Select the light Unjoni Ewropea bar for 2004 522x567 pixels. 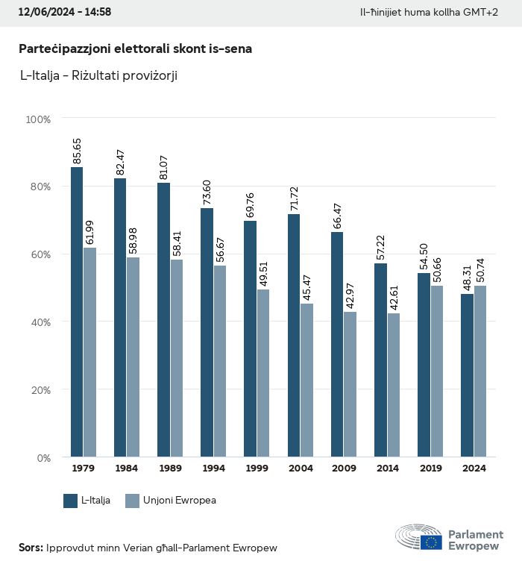[306, 380]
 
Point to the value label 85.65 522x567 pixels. [77, 151]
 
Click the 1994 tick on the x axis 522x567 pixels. [213, 469]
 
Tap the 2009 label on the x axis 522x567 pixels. [344, 469]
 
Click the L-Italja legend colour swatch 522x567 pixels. [71, 501]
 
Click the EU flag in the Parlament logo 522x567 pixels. [430, 542]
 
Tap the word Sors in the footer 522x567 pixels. [31, 548]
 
